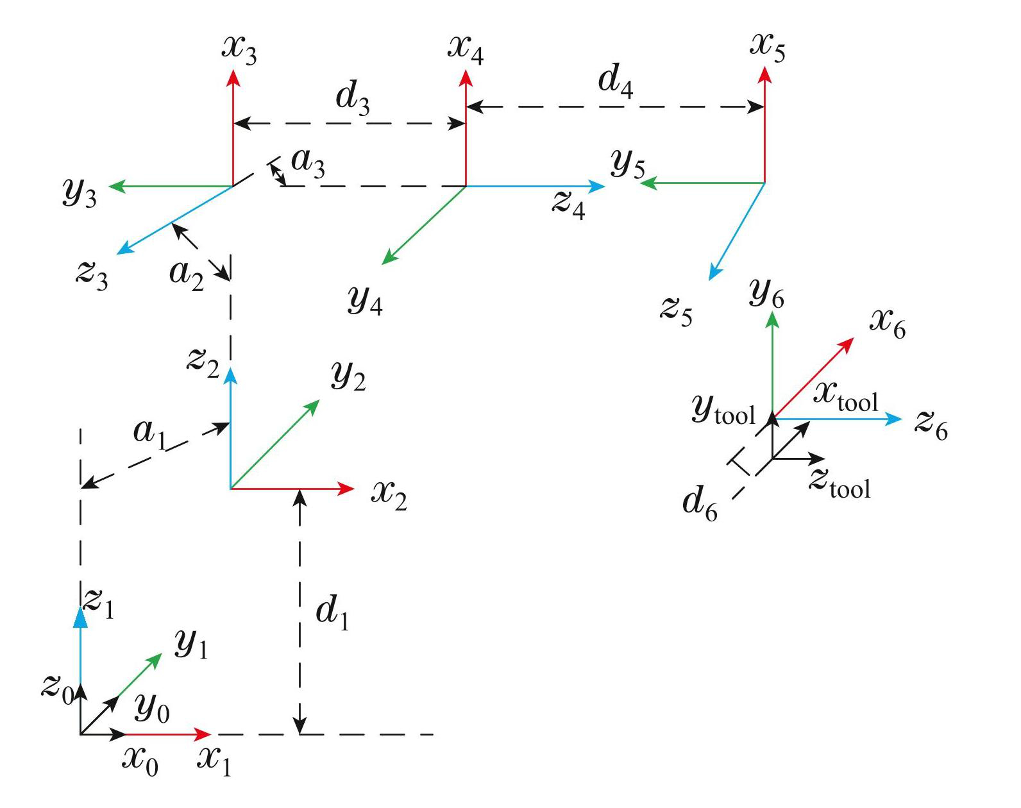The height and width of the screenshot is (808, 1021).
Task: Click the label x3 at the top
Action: pos(239,50)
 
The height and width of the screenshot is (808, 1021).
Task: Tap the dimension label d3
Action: pos(353,99)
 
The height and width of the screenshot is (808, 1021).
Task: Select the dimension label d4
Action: pos(615,83)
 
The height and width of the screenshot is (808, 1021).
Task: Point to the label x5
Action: pos(768,47)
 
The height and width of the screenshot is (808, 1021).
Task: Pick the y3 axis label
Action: pos(80,192)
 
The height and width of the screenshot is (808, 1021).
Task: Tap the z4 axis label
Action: pos(569,205)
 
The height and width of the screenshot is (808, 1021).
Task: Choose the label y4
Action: pos(365,299)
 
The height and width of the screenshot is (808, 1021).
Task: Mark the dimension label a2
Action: pos(186,275)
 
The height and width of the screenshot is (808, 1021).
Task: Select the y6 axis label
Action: pos(766,294)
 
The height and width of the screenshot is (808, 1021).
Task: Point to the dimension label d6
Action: pos(700,502)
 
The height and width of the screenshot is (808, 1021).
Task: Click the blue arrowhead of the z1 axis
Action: pos(80,616)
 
